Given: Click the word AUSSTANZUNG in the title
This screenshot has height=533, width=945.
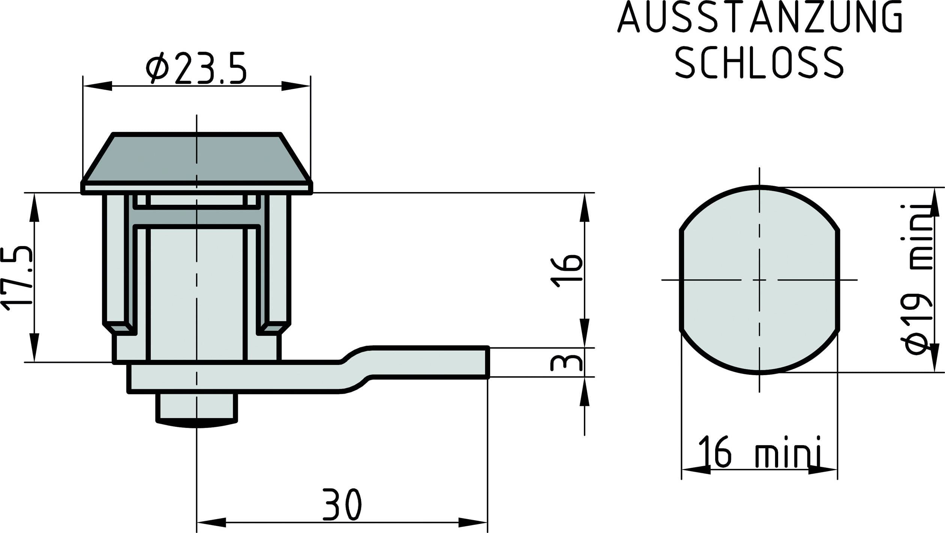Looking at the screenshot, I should click(759, 17).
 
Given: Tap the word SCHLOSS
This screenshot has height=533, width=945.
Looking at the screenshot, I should click(759, 63).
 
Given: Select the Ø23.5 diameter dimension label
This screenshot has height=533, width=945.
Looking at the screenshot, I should click(196, 68).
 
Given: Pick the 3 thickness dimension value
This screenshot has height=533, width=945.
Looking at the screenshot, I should click(566, 362).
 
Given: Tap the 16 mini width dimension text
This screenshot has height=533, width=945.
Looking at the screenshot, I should click(759, 456).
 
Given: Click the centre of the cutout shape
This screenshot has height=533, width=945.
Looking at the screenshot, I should click(759, 279).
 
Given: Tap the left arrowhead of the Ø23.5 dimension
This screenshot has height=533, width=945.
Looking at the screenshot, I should click(97, 86).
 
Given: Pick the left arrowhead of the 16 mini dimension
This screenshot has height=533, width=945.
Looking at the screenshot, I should click(696, 469).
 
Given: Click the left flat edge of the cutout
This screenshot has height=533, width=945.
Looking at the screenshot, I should click(681, 279).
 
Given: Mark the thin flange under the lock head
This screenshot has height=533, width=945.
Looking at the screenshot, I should click(196, 188).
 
